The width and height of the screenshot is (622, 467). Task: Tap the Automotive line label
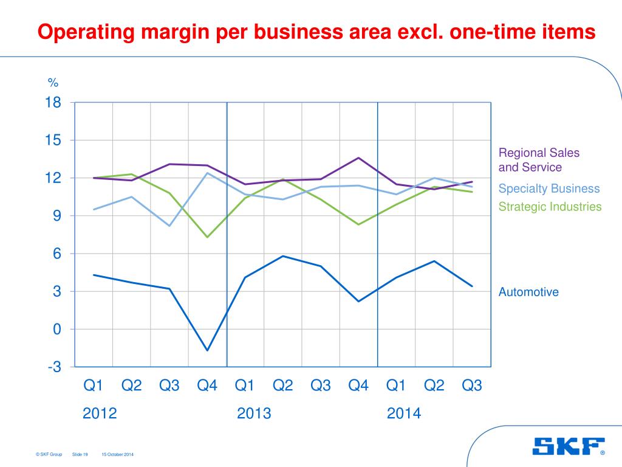[528, 292]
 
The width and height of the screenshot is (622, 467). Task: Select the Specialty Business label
[549, 189]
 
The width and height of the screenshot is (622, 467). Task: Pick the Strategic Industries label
[550, 207]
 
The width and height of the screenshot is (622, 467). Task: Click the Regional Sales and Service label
[539, 160]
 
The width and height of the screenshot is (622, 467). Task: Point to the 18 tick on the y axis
[53, 103]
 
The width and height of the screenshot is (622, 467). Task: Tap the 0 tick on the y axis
[56, 329]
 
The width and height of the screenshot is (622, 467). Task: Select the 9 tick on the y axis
[56, 216]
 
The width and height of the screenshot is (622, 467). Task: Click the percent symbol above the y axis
[53, 83]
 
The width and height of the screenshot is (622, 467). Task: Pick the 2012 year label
[100, 414]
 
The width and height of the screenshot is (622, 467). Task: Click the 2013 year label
[254, 414]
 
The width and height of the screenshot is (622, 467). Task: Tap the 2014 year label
[404, 414]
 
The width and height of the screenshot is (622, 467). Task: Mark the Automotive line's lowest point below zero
[207, 350]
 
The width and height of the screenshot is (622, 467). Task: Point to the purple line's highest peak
[358, 157]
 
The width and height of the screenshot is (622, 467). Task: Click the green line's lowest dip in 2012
[207, 237]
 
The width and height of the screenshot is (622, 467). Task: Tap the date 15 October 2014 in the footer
[117, 454]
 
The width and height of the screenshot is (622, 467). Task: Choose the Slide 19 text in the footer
[80, 454]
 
